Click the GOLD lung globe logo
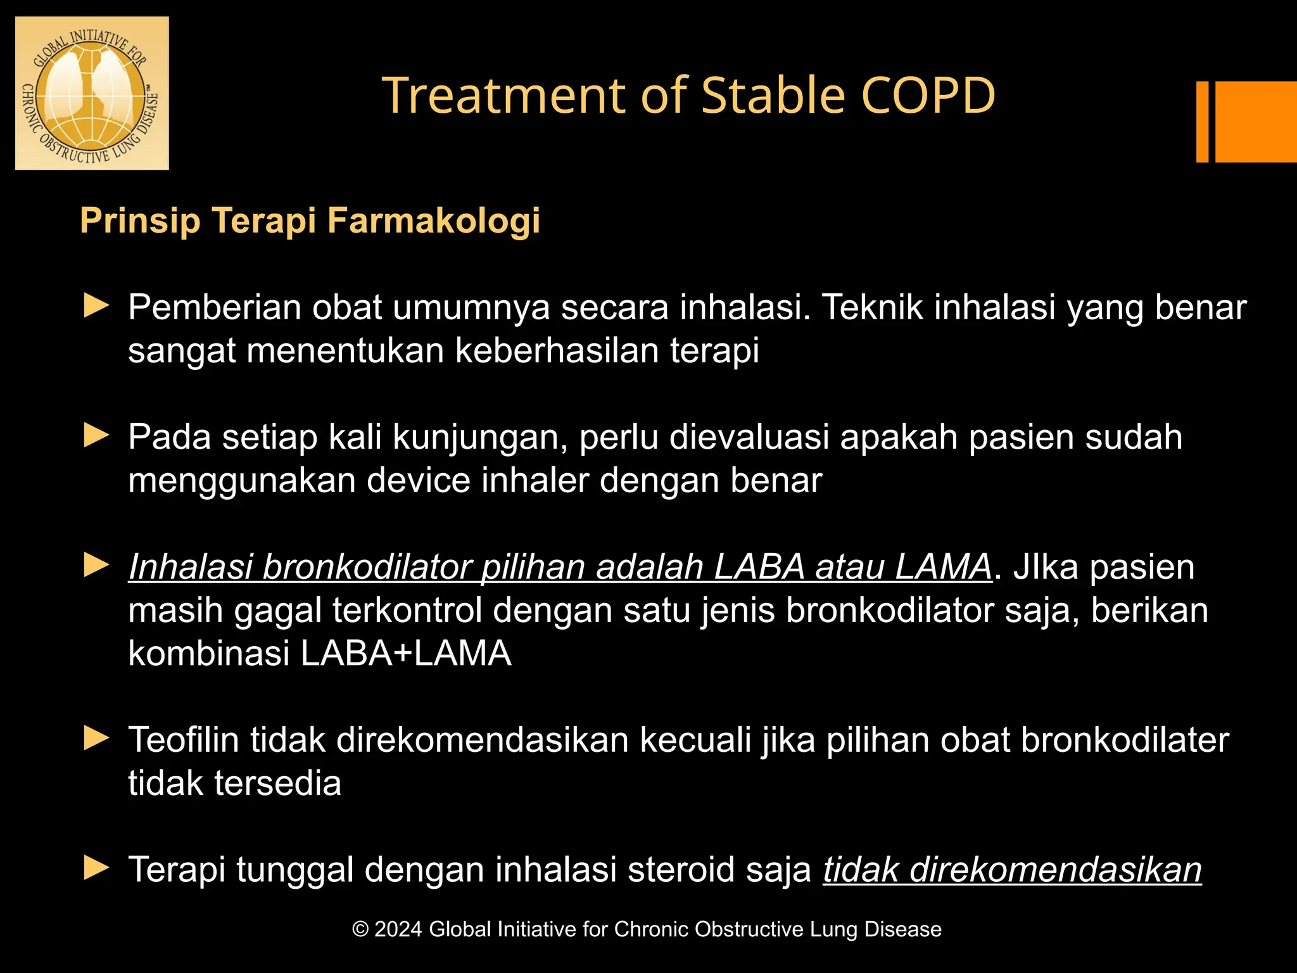tap(92, 93)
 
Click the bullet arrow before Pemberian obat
tap(96, 306)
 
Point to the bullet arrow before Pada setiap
tap(96, 436)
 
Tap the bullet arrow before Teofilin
tap(96, 739)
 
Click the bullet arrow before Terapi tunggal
tap(96, 868)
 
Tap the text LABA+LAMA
tap(405, 653)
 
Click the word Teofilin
tap(183, 739)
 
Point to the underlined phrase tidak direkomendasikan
tap(1012, 869)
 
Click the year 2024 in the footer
tap(398, 929)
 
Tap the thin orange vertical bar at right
tap(1202, 122)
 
